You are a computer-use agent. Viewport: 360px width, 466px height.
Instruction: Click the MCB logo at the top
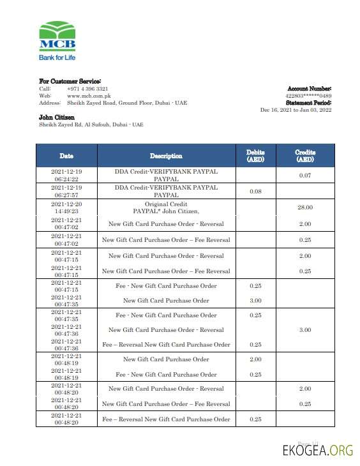point(57,37)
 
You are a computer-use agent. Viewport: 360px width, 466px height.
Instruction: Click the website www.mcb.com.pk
point(87,96)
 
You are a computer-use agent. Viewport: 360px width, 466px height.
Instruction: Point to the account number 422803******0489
point(308,96)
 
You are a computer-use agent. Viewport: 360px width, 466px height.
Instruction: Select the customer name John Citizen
point(57,117)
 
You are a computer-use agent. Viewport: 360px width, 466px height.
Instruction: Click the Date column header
point(66,156)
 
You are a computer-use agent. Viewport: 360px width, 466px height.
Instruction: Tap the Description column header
point(166,156)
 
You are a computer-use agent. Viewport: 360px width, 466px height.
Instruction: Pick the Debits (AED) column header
point(255,156)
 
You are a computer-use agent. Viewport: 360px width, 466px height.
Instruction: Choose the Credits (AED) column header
point(305,156)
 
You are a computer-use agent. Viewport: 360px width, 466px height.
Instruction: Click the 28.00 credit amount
point(305,207)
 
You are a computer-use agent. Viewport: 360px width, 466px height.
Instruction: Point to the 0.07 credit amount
point(305,175)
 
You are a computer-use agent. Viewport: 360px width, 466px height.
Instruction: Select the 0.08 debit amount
point(255,191)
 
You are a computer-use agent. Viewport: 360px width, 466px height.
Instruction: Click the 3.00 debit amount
point(255,301)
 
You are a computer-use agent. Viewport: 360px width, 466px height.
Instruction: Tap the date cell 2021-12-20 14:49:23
point(66,207)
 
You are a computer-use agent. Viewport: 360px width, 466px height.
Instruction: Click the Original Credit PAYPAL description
point(166,207)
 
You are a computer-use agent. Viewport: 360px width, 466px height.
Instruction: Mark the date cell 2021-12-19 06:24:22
point(66,175)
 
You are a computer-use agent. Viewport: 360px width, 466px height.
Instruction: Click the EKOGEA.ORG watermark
point(317,451)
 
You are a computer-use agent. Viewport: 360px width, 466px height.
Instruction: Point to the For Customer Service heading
point(70,82)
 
